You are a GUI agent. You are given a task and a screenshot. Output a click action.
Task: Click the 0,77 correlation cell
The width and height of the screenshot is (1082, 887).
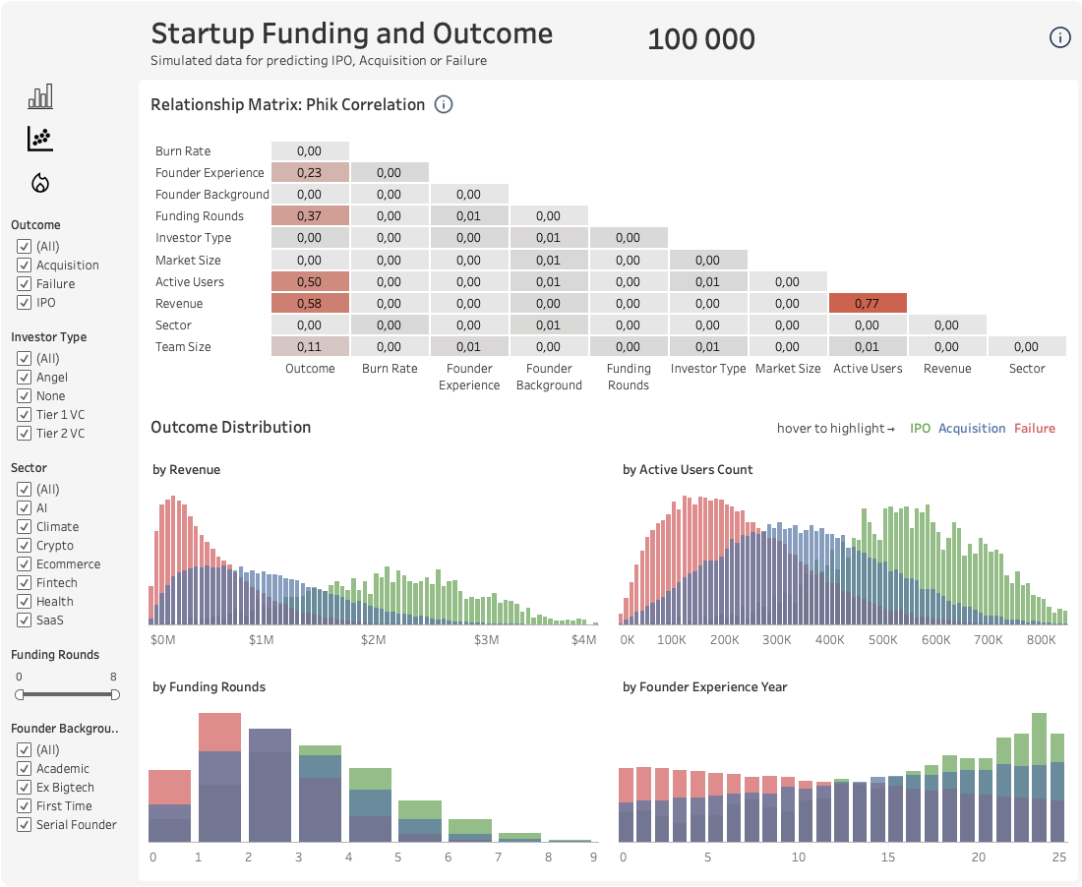coord(868,303)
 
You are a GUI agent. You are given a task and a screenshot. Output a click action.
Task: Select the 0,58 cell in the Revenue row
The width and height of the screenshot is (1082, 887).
coord(309,303)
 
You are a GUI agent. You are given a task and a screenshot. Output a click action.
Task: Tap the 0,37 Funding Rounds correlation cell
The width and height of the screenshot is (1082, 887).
coord(309,216)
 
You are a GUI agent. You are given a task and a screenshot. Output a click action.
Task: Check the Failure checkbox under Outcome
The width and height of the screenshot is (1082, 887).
coord(25,283)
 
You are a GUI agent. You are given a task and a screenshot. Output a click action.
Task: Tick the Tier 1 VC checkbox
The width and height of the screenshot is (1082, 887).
coord(25,414)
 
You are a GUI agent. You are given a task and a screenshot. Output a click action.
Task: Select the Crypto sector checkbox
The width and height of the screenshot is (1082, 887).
coord(25,545)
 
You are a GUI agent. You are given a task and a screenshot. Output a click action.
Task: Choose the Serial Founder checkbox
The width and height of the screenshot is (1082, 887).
coord(25,824)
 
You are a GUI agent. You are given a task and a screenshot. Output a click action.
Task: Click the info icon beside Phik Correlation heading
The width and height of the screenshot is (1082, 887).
coord(444,104)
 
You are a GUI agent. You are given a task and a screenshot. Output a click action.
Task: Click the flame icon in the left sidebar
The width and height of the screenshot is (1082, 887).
coord(40,182)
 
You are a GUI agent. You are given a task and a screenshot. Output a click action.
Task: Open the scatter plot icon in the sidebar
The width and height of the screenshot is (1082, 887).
coord(40,139)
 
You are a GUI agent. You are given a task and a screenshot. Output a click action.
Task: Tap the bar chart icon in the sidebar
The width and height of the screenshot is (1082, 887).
coord(40,96)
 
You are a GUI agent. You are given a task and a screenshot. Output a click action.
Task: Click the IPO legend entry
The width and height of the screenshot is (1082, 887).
coord(920,429)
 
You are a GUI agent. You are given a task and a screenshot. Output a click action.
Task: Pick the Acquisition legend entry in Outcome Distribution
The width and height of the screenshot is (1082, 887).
coord(972,429)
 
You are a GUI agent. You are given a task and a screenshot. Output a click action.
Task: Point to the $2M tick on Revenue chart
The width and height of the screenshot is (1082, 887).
coord(373,639)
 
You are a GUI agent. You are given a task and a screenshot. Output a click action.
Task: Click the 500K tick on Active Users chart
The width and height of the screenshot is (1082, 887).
coord(882,639)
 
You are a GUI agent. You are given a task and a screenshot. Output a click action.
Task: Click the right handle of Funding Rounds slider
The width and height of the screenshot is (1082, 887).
coord(115,694)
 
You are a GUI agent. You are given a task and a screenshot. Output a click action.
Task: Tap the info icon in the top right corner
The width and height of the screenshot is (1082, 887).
coord(1059,38)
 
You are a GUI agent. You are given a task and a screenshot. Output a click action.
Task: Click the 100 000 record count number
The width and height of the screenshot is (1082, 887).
coord(701,39)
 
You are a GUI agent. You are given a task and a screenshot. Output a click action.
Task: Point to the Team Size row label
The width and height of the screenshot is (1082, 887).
coord(183,346)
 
